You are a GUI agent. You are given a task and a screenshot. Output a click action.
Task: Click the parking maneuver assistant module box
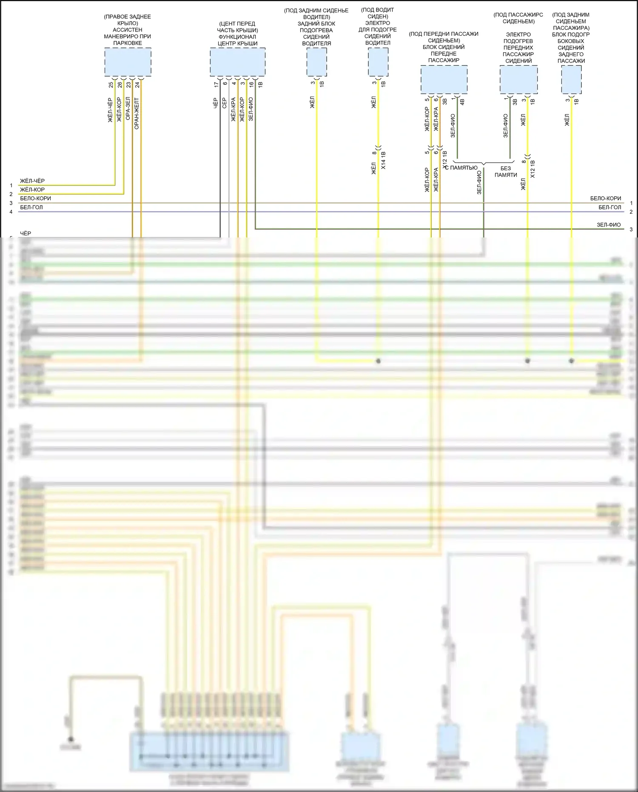[128, 62]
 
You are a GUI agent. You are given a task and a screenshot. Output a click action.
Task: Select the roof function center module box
[237, 62]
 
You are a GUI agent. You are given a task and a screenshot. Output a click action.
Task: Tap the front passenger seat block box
[444, 80]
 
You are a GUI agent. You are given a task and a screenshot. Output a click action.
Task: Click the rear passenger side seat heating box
[571, 80]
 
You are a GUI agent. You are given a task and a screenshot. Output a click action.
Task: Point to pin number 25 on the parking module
[111, 85]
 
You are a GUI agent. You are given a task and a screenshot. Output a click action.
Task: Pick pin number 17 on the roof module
[216, 85]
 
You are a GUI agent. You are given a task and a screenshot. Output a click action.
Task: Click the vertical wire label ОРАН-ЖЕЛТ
[137, 114]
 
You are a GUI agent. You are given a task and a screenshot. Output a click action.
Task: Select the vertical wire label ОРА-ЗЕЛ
[128, 109]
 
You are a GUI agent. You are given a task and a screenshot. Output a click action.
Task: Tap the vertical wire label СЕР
[225, 103]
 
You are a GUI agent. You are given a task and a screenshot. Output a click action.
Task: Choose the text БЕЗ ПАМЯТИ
[505, 172]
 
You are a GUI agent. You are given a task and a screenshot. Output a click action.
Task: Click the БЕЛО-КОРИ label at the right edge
[605, 198]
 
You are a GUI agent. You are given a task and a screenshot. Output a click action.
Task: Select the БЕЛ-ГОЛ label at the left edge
[31, 207]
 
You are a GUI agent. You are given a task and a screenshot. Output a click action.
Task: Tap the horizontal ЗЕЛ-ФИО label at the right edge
[609, 225]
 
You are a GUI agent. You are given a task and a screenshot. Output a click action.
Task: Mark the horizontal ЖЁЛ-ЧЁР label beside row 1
[32, 181]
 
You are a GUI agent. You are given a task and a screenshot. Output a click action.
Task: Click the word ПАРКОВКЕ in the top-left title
[128, 43]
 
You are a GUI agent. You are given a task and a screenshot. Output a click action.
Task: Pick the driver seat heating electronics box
[378, 62]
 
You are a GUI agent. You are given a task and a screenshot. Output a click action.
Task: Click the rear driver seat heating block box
[317, 62]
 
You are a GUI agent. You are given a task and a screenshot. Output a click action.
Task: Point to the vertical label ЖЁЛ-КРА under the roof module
[234, 110]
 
